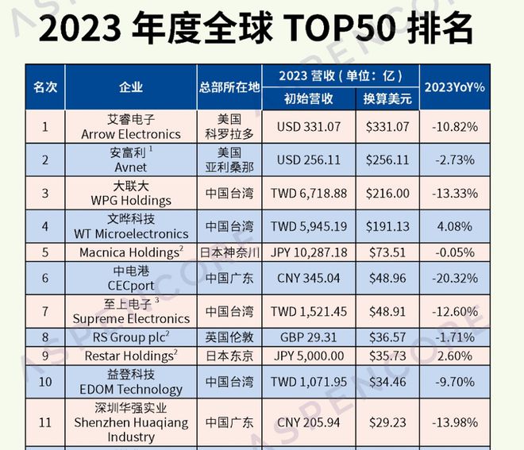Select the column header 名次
click(x=44, y=87)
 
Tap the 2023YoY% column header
click(x=455, y=87)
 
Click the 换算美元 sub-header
click(x=387, y=99)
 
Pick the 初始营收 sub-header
click(x=308, y=99)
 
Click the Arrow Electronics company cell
click(x=131, y=127)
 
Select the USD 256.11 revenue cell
click(x=310, y=159)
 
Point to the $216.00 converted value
click(x=387, y=193)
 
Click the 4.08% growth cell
click(x=455, y=226)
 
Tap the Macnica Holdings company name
click(x=131, y=252)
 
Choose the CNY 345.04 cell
click(x=310, y=279)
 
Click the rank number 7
click(x=45, y=311)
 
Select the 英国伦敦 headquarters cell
click(x=229, y=337)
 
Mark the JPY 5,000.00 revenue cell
click(x=310, y=356)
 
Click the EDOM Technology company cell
click(x=131, y=382)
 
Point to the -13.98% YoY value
click(x=455, y=421)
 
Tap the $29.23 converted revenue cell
click(x=387, y=421)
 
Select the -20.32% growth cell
click(x=455, y=279)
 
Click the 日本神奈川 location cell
click(x=229, y=252)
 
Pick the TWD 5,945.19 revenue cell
click(x=310, y=226)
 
